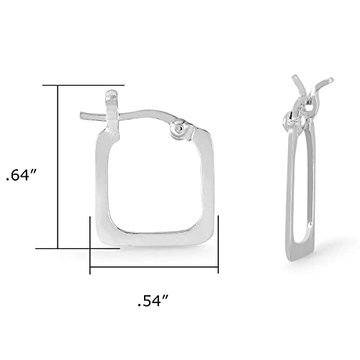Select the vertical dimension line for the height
click(58, 166)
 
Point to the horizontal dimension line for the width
click(154, 271)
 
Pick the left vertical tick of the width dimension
click(90, 245)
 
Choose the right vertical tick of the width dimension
click(218, 245)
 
